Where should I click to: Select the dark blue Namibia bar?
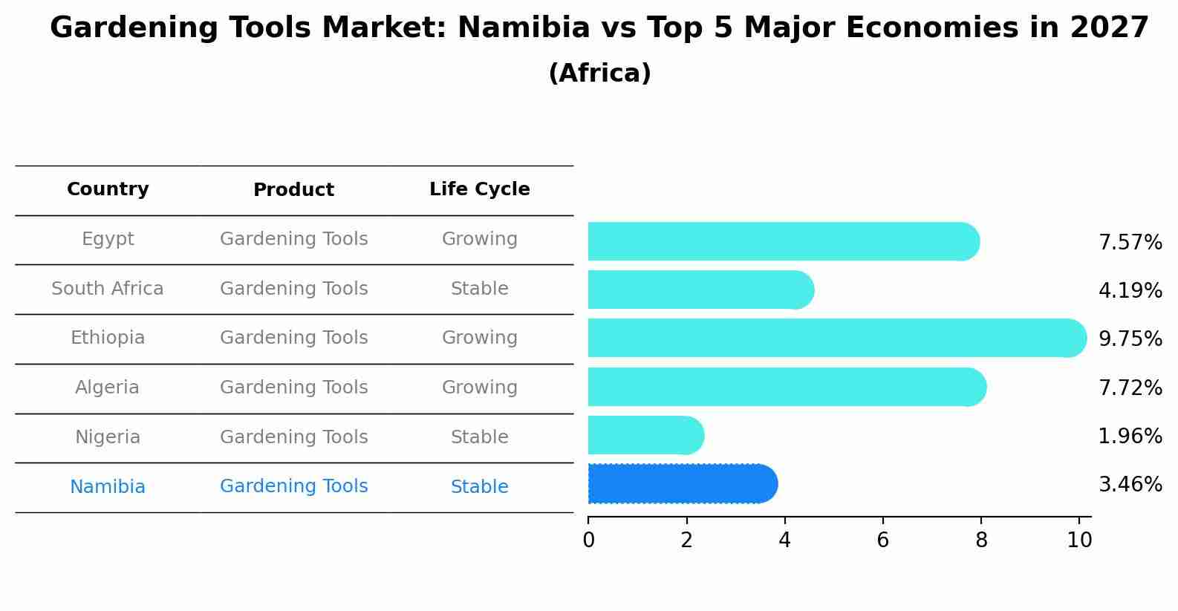point(683,484)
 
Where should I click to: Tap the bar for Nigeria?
point(645,436)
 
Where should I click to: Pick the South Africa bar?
point(700,290)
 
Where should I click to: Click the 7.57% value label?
point(1130,243)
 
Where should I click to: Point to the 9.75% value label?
point(1130,339)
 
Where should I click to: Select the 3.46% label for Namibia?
point(1130,485)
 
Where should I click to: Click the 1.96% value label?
point(1130,437)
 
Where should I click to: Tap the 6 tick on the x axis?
point(882,540)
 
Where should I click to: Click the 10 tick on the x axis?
point(1079,540)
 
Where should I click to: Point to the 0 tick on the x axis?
point(588,540)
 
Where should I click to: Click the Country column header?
point(108,189)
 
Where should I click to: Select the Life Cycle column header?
point(479,189)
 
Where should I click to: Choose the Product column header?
point(293,190)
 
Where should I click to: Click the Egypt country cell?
point(108,239)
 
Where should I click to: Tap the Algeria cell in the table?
point(107,388)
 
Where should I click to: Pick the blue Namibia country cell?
point(108,487)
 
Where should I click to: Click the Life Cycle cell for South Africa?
point(479,289)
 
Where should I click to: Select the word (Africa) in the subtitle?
point(599,73)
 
